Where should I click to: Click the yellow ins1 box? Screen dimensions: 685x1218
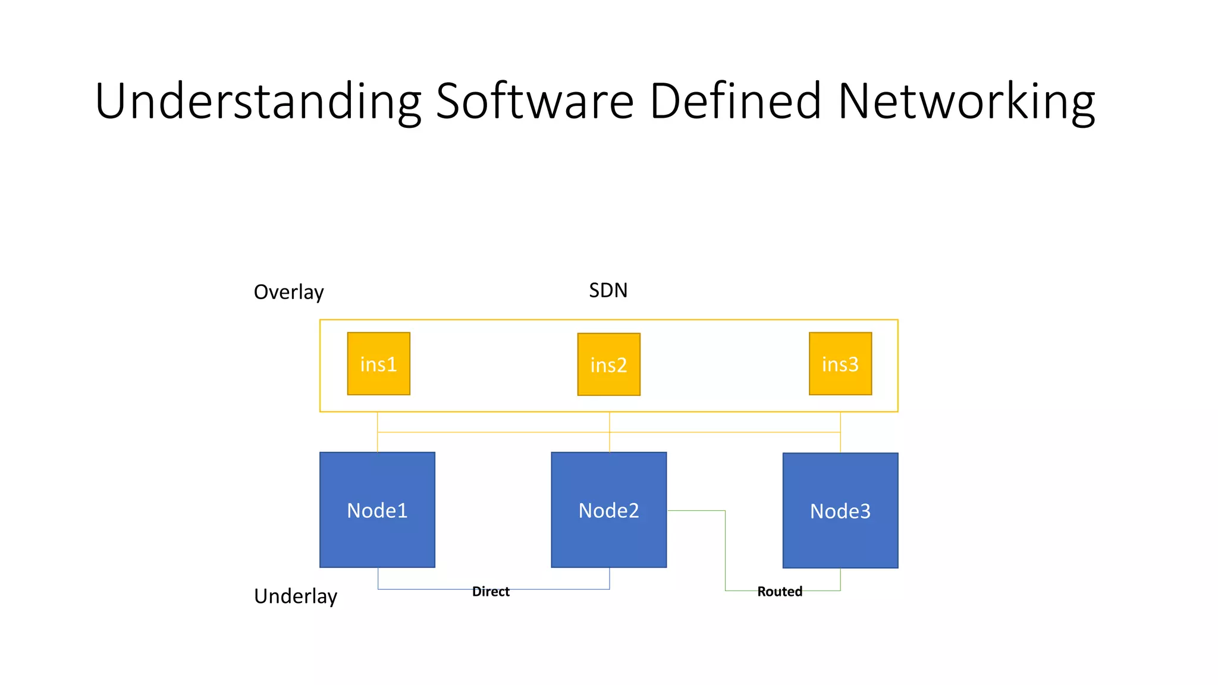coord(378,363)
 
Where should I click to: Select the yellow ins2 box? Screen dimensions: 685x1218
coord(608,364)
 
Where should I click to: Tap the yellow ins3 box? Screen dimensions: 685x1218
coord(840,363)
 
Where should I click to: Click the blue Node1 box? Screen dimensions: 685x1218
coord(377,510)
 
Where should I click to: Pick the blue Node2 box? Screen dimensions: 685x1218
coord(608,510)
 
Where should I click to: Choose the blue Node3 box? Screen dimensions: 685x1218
coord(840,510)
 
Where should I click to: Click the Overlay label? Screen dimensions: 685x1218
coord(288,292)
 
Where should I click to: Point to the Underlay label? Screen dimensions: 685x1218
coord(295,596)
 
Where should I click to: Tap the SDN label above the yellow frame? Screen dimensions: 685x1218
coord(608,290)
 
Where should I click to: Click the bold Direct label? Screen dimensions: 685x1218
coord(491,592)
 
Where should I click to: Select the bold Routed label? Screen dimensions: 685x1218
coord(779,592)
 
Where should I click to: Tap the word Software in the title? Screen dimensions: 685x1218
coord(535,102)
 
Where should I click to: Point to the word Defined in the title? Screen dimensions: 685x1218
coord(735,102)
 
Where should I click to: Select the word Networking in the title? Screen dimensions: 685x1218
coord(966,102)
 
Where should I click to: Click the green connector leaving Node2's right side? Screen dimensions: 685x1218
coord(696,510)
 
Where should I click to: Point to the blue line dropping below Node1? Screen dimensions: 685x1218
coord(378,579)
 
